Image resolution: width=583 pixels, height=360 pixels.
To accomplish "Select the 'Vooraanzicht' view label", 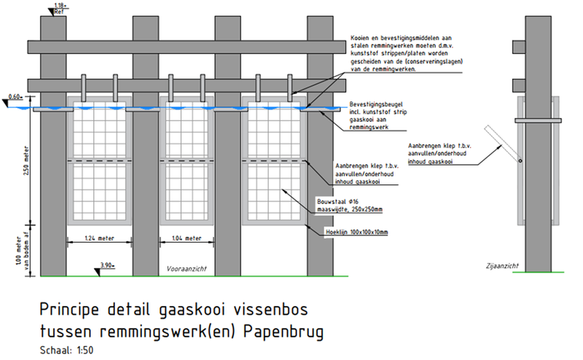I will (x=187, y=268).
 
